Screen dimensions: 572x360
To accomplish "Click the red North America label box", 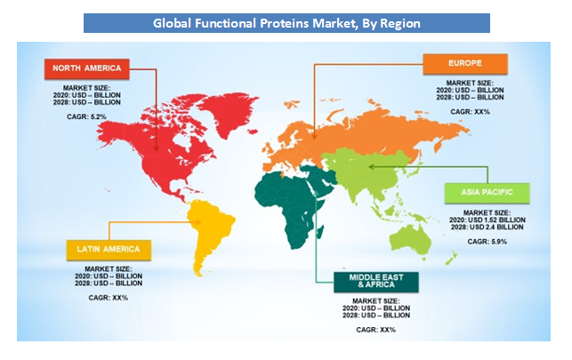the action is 87,68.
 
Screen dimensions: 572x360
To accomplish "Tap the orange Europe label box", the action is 465,64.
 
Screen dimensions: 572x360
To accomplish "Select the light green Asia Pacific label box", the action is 487,193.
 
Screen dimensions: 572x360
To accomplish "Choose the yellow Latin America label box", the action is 109,250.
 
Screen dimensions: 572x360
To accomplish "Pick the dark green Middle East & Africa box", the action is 376,282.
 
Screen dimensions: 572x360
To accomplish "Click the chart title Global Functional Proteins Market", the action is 286,23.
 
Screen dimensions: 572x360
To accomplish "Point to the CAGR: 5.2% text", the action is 87,117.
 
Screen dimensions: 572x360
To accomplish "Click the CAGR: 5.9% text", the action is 487,242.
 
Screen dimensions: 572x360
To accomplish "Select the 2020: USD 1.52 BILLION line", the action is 487,220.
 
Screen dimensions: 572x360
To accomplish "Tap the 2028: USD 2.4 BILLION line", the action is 487,228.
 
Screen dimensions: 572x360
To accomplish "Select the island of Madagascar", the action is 320,232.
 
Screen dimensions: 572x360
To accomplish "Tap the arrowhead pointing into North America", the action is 157,148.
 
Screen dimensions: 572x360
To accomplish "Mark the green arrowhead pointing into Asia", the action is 371,167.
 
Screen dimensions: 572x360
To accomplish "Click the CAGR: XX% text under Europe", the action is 471,112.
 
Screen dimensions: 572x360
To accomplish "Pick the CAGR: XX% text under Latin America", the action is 109,298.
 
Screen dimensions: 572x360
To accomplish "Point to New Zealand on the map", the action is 451,258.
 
